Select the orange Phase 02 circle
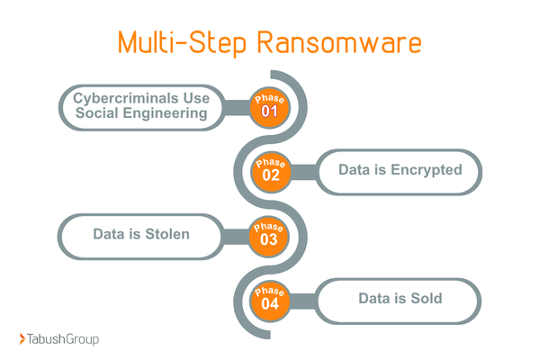[270, 170]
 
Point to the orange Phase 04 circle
[270, 298]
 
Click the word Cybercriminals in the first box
[124, 98]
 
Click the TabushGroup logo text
[64, 339]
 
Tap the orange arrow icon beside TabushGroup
[22, 339]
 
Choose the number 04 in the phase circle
[270, 304]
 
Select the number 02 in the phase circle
[270, 175]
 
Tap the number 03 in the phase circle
[270, 240]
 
